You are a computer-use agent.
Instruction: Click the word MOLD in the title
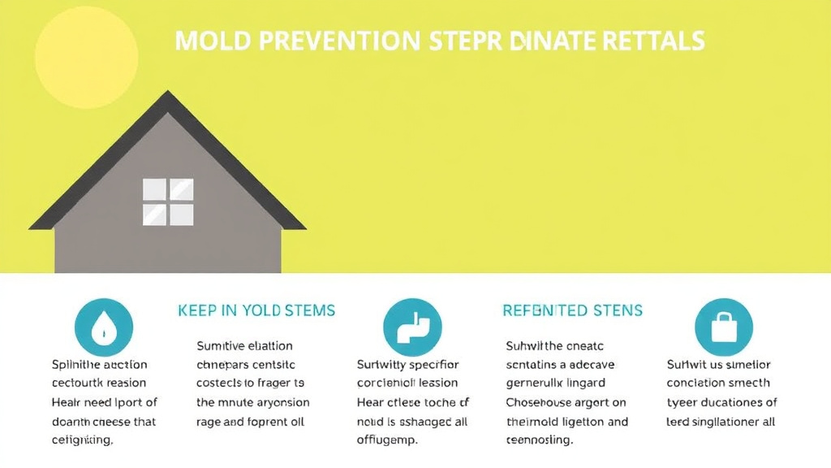click(x=208, y=41)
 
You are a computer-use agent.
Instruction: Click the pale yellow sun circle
click(x=87, y=58)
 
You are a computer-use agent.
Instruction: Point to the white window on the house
click(x=168, y=202)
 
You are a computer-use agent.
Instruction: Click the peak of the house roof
click(x=168, y=95)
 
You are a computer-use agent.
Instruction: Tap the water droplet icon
click(x=103, y=327)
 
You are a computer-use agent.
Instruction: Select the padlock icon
click(x=723, y=327)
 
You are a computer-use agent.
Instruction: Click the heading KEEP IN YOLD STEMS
click(x=256, y=310)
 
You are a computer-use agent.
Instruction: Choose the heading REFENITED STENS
click(x=572, y=310)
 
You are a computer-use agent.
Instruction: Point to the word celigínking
click(x=82, y=440)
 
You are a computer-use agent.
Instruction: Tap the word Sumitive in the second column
click(x=221, y=346)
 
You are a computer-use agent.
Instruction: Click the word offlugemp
click(x=386, y=440)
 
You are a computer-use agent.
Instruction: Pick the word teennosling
click(x=539, y=440)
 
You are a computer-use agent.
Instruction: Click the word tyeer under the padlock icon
click(x=683, y=402)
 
